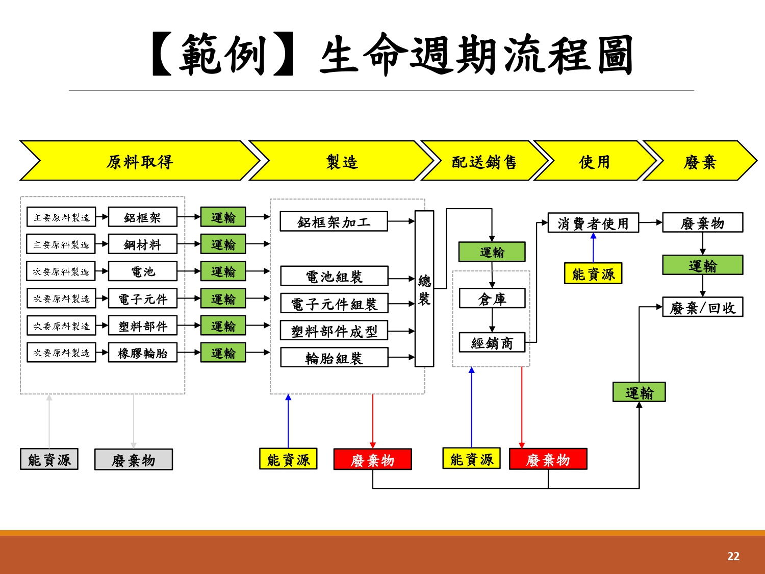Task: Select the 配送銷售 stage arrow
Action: (x=483, y=161)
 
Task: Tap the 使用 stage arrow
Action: (x=594, y=161)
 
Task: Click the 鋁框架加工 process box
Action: (x=334, y=221)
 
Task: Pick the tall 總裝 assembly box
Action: (x=424, y=289)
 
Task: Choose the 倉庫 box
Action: (x=492, y=298)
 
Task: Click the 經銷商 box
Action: (x=492, y=343)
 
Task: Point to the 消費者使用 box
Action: (x=593, y=223)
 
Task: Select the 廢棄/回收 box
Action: (x=702, y=307)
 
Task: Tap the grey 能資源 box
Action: (x=49, y=459)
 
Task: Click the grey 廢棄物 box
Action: (x=133, y=460)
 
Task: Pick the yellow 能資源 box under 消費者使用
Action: (x=593, y=274)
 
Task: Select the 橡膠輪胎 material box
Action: (x=142, y=353)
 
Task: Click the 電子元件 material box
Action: (x=142, y=298)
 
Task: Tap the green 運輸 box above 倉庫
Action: (x=492, y=252)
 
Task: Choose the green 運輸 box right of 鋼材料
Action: (x=223, y=244)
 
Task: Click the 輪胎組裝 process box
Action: (x=334, y=358)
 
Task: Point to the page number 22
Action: (x=733, y=556)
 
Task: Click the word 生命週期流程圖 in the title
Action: (x=476, y=55)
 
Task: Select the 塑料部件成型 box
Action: (x=334, y=331)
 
